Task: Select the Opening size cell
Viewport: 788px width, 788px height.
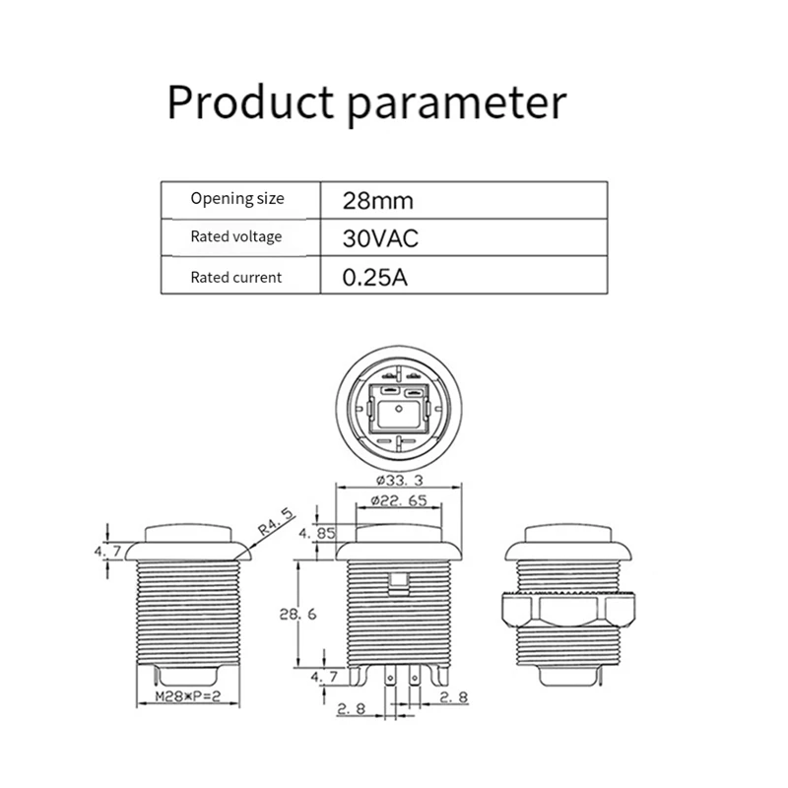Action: click(x=236, y=198)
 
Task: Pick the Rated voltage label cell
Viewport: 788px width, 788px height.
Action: click(x=236, y=236)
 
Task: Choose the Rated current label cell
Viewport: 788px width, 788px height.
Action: click(x=236, y=277)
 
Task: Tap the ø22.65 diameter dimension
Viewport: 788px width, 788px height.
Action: click(x=399, y=501)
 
